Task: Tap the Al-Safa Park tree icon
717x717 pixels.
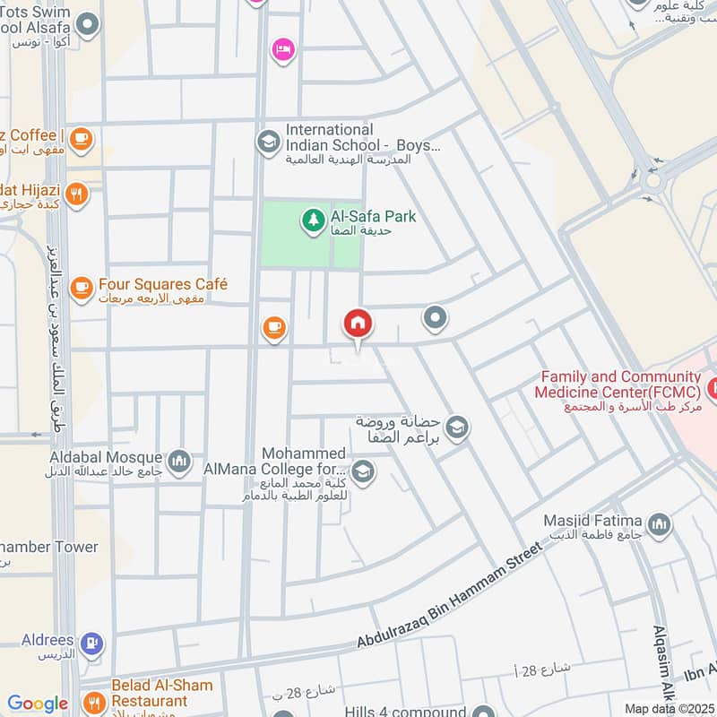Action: pos(313,218)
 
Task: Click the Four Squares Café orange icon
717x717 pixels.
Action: pos(82,287)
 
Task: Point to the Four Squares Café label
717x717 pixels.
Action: pos(163,284)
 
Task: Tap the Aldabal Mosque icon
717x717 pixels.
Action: pos(180,460)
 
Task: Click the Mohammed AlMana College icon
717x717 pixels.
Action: pos(362,470)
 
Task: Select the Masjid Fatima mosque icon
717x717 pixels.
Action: pos(659,524)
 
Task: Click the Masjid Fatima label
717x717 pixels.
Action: pos(593,521)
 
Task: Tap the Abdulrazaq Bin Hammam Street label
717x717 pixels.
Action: pos(450,596)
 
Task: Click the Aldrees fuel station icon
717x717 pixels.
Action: pos(91,643)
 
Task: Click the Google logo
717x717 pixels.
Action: pos(38,704)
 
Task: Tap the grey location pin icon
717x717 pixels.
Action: pos(435,317)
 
